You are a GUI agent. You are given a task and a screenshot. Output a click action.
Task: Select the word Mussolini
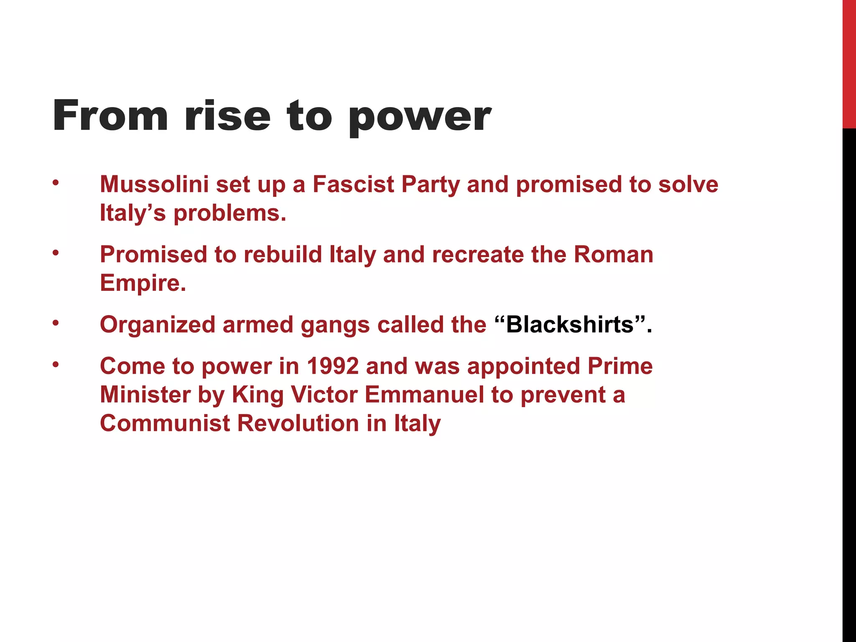[x=154, y=184]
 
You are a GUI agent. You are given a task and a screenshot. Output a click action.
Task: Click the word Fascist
[x=353, y=184]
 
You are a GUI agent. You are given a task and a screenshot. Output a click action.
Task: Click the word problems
[x=229, y=213]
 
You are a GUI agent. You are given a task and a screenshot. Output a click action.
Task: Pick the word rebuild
[x=283, y=255]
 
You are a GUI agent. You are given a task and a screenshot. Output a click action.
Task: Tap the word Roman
[x=613, y=255]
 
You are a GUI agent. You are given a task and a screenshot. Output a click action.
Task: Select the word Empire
[x=143, y=283]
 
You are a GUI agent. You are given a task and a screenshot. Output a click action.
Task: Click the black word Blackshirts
[x=570, y=324]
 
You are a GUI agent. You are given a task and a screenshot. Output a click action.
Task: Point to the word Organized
[x=157, y=325]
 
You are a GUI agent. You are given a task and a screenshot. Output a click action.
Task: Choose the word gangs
[x=335, y=325]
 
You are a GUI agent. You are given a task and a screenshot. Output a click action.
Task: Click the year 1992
[x=333, y=366]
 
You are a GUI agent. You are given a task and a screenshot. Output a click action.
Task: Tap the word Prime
[x=620, y=366]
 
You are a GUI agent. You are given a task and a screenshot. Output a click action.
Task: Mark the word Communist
[x=165, y=423]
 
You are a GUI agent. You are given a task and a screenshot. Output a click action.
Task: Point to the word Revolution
[x=298, y=423]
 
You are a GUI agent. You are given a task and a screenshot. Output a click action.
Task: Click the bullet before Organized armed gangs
[x=56, y=323]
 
